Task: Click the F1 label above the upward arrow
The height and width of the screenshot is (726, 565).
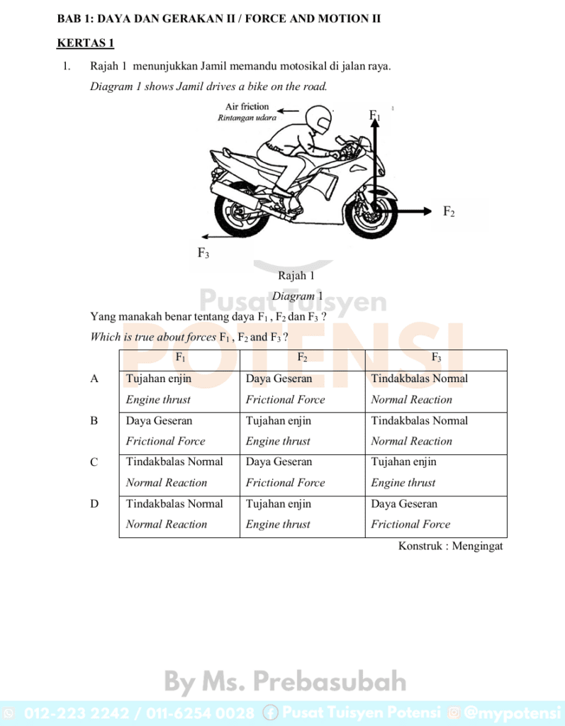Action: pos(374,116)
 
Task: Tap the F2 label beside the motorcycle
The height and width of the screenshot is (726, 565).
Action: pos(449,211)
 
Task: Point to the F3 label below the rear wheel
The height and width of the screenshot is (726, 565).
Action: pos(203,252)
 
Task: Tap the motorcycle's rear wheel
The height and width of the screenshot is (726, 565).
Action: pos(242,211)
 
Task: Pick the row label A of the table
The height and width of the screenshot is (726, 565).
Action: pos(94,379)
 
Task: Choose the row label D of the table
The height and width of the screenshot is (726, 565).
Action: pos(94,504)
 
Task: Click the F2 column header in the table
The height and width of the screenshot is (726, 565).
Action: pos(302,358)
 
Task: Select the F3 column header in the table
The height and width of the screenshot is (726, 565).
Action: pos(436,358)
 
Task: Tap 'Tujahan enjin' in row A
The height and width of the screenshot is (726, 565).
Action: pos(159,379)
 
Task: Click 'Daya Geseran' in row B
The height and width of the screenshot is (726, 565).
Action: pos(159,420)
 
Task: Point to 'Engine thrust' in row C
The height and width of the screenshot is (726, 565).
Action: pos(403,483)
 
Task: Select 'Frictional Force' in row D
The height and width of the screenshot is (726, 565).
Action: pos(410,525)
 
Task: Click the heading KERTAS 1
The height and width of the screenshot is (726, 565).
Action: pos(85,43)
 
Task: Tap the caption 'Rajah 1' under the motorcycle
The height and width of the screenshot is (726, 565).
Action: pos(296,276)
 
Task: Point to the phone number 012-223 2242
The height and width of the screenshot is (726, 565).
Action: pos(65,713)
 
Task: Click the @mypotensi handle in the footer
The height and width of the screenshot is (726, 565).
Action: pos(512,713)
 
